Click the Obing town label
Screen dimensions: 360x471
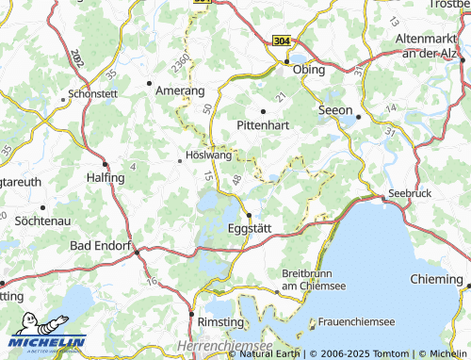pos(309,70)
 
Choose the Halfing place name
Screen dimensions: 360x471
pos(106,176)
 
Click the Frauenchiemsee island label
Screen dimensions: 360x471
pos(358,322)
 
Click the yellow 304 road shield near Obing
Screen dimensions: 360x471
pos(281,41)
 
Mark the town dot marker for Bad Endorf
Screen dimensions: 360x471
pos(138,253)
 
